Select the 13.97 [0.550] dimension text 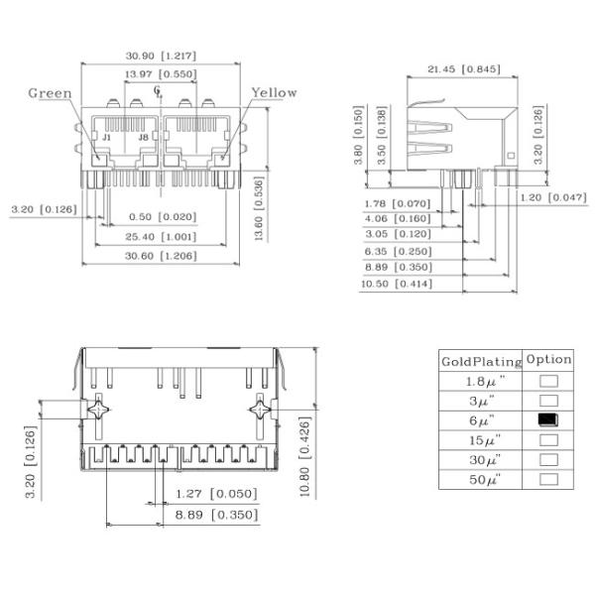(160, 74)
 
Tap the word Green (49, 93)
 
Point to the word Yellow (274, 92)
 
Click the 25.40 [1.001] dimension (160, 237)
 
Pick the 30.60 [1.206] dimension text (160, 256)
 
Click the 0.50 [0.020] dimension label (163, 217)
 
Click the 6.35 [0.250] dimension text (397, 252)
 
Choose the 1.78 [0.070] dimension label (397, 202)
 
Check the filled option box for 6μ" (548, 419)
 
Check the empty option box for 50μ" (548, 479)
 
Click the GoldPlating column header (481, 361)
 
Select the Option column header (549, 360)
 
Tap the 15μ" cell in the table (483, 439)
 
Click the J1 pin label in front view (107, 137)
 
